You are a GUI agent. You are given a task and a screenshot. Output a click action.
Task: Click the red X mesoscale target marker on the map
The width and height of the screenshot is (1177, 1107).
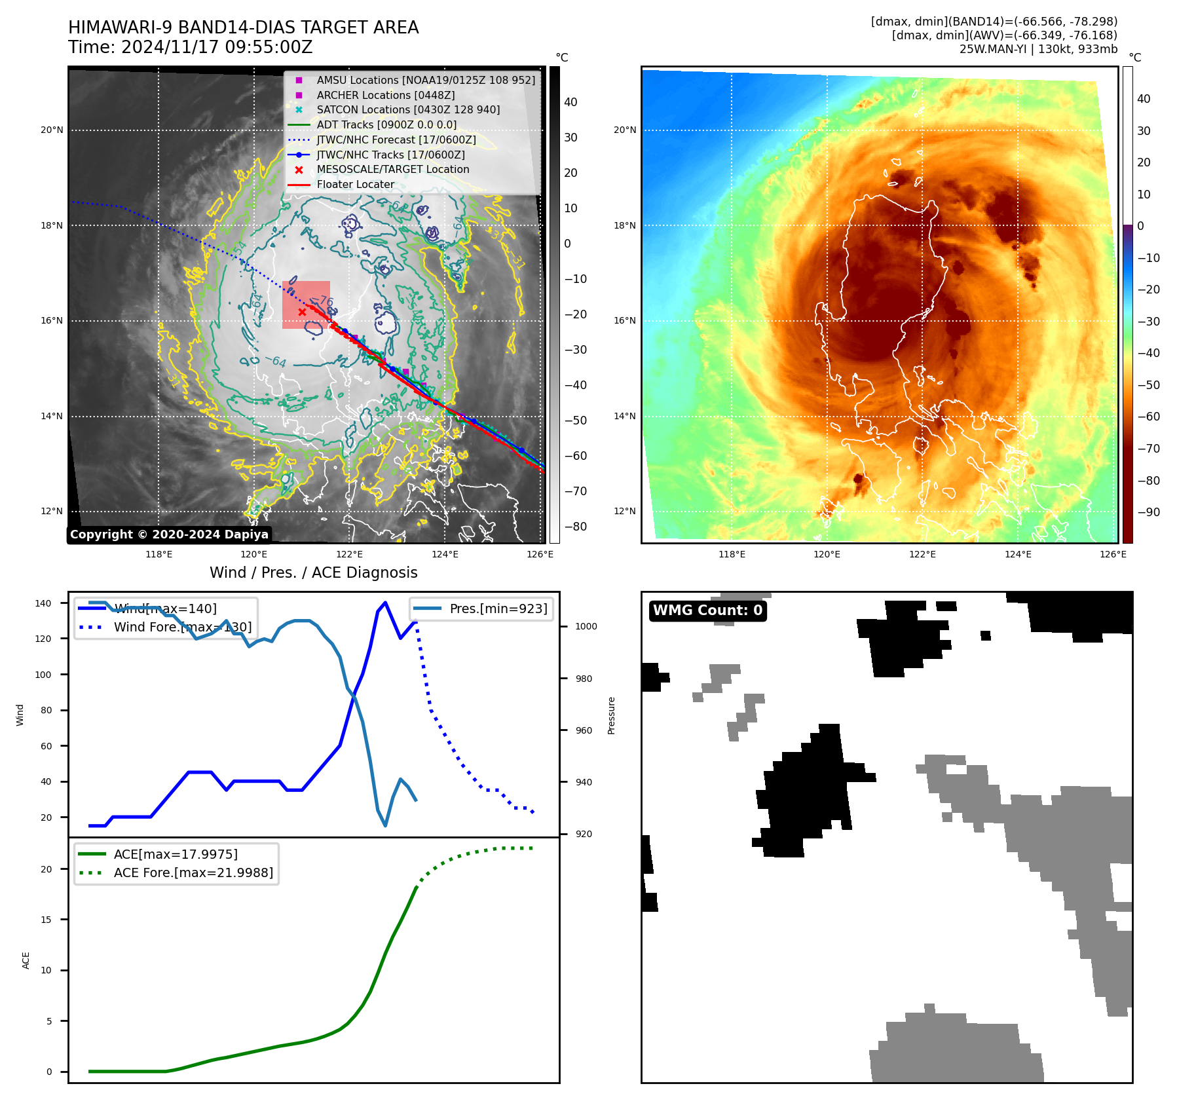tap(302, 312)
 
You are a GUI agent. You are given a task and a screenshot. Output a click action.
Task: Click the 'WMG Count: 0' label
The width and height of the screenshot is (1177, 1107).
tap(707, 610)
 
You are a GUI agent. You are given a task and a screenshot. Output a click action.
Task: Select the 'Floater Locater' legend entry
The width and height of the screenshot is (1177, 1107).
tap(355, 185)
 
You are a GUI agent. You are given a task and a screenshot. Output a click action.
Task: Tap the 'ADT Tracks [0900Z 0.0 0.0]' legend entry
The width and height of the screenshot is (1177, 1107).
tap(386, 124)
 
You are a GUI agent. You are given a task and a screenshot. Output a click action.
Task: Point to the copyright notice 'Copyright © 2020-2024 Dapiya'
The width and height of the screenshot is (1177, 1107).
tap(169, 535)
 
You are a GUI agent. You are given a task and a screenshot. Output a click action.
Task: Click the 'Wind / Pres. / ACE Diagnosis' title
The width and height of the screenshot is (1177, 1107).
tap(313, 572)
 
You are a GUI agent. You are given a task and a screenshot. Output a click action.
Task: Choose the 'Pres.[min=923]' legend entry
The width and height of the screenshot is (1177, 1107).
tap(498, 609)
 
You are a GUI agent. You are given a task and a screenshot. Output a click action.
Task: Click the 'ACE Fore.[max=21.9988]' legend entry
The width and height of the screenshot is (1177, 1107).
tap(193, 872)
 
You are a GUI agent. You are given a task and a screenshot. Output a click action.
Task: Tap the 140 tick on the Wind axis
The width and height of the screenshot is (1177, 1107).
tap(43, 603)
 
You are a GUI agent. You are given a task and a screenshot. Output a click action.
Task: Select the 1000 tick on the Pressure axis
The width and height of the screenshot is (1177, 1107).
tap(586, 626)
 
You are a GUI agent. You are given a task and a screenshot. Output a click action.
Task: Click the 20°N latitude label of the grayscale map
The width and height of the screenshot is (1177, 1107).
tap(52, 130)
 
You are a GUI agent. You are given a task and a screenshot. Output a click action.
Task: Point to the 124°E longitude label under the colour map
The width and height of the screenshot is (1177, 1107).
tap(1018, 554)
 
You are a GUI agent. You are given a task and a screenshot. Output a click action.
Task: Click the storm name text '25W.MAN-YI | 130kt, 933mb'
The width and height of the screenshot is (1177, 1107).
tap(1038, 49)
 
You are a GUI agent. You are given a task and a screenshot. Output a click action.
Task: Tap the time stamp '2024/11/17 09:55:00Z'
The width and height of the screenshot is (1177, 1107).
tap(217, 47)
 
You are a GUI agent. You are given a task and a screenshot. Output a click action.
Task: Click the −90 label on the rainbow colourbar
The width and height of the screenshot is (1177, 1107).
tap(1148, 512)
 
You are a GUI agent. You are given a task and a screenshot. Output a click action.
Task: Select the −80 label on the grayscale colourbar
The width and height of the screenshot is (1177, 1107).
tap(576, 527)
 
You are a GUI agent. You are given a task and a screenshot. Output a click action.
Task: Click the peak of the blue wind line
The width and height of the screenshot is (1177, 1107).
tap(385, 603)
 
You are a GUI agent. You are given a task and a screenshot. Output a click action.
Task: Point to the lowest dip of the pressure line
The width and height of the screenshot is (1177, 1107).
tap(385, 825)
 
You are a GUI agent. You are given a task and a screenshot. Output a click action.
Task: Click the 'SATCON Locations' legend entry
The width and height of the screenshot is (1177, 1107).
tap(407, 109)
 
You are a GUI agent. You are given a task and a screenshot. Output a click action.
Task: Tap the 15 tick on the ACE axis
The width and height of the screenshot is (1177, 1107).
tap(46, 920)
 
